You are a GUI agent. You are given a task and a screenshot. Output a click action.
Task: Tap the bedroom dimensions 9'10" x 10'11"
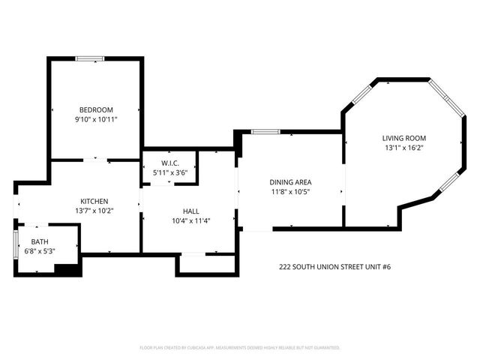96,119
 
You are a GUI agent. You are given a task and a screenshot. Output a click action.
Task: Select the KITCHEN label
95,201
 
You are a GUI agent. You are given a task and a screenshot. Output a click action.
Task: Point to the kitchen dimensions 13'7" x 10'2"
95,211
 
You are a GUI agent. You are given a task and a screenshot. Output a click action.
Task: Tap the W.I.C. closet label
169,163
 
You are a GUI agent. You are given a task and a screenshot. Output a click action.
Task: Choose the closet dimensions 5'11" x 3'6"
169,173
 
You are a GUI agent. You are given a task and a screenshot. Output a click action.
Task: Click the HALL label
190,211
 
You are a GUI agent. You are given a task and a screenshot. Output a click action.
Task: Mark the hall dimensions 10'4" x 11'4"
190,221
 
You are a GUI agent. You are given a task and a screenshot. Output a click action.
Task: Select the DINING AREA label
290,181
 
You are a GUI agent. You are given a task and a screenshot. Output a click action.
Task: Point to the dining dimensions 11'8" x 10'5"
290,192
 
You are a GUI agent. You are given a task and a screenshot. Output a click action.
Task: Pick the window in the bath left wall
16,245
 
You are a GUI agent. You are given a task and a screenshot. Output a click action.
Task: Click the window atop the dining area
265,132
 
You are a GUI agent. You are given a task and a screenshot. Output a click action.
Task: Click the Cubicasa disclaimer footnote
240,348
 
